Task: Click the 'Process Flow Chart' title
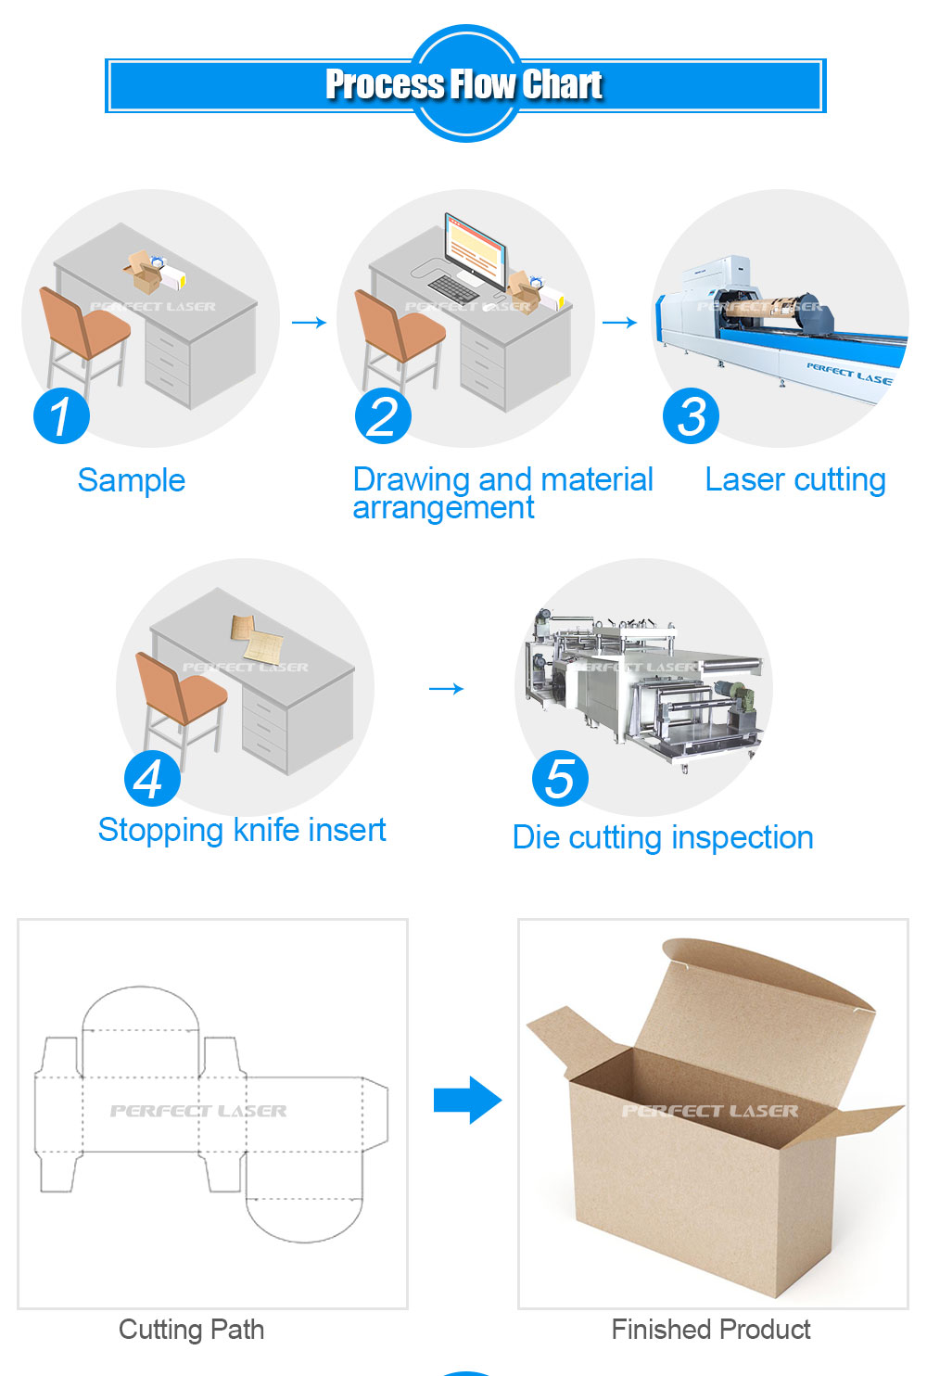[463, 84]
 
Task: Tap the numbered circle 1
[61, 415]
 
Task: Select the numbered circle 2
[383, 416]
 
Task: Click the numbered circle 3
[691, 415]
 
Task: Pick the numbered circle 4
[152, 779]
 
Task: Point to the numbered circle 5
[560, 778]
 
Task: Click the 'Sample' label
[132, 480]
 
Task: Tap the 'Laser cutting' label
[795, 480]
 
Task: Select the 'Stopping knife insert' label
[242, 830]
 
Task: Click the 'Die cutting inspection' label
[663, 837]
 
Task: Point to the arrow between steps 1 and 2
[309, 323]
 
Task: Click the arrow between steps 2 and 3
[619, 323]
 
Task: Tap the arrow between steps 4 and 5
[446, 688]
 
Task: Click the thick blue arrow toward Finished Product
[467, 1101]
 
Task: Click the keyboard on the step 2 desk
[453, 287]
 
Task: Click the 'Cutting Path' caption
[192, 1330]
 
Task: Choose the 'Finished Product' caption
[711, 1330]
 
